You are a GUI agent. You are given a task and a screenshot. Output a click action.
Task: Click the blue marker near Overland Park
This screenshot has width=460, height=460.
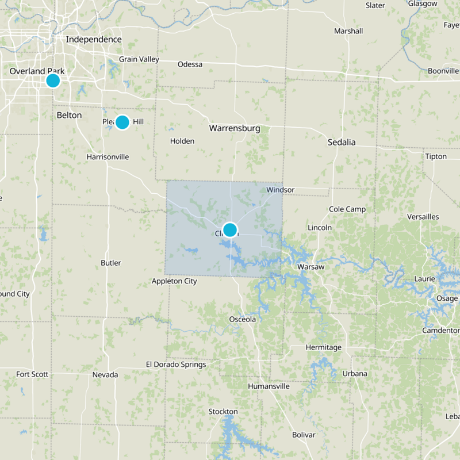click(x=53, y=80)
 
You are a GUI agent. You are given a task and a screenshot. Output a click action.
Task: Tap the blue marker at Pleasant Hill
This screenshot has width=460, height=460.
click(x=122, y=122)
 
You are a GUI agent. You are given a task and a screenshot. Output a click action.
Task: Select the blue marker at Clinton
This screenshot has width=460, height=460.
click(x=230, y=230)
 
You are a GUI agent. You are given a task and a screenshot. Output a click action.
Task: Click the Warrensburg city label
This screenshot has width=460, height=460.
click(x=235, y=128)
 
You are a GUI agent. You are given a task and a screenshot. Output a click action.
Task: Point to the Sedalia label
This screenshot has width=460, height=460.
click(x=342, y=142)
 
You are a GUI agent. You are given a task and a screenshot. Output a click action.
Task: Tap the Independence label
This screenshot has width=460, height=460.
click(x=94, y=39)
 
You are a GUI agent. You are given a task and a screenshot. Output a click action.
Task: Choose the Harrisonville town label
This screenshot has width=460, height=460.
click(x=108, y=157)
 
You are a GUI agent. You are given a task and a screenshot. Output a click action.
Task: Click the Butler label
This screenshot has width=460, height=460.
click(x=111, y=263)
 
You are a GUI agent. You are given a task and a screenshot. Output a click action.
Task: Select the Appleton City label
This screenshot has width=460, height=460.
click(x=174, y=281)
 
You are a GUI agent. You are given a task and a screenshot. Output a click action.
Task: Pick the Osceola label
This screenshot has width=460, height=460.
click(x=242, y=319)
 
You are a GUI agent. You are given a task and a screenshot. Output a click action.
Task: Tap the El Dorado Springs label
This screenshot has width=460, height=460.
click(x=176, y=365)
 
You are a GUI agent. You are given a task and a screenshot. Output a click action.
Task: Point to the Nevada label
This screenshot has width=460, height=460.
click(x=105, y=375)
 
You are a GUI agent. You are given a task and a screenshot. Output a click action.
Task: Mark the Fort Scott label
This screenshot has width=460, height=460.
click(x=32, y=374)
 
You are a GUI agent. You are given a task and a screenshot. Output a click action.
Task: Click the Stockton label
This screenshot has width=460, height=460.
click(x=223, y=412)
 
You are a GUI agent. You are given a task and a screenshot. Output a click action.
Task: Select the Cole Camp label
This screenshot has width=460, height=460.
click(x=347, y=209)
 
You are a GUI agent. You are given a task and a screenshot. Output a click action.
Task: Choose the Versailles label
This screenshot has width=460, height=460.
click(x=423, y=217)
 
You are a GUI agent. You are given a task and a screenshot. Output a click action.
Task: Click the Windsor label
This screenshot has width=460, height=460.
click(x=281, y=190)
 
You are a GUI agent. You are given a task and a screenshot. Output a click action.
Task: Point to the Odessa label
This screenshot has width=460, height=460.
click(x=190, y=64)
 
